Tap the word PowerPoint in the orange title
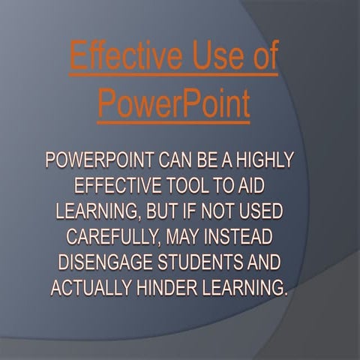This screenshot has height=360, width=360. pyautogui.click(x=173, y=106)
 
